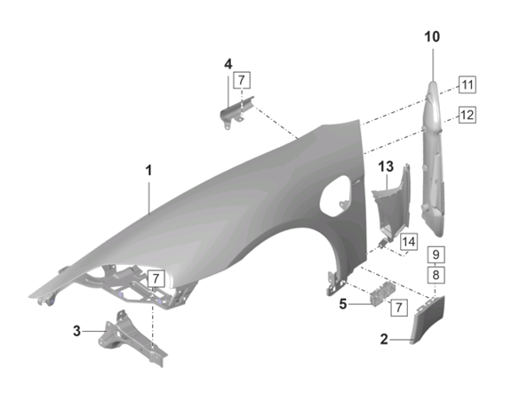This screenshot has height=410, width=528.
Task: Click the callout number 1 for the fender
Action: tap(149, 169)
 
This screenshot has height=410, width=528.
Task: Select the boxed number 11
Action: tap(467, 85)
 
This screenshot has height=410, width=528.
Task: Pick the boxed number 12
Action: tap(467, 114)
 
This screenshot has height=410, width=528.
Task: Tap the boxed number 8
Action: tap(436, 275)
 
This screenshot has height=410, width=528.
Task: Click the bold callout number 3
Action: tap(76, 331)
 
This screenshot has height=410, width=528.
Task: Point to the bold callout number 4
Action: tap(228, 64)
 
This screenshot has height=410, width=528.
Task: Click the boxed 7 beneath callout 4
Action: tap(240, 83)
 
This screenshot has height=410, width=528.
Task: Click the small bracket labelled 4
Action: tap(235, 112)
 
